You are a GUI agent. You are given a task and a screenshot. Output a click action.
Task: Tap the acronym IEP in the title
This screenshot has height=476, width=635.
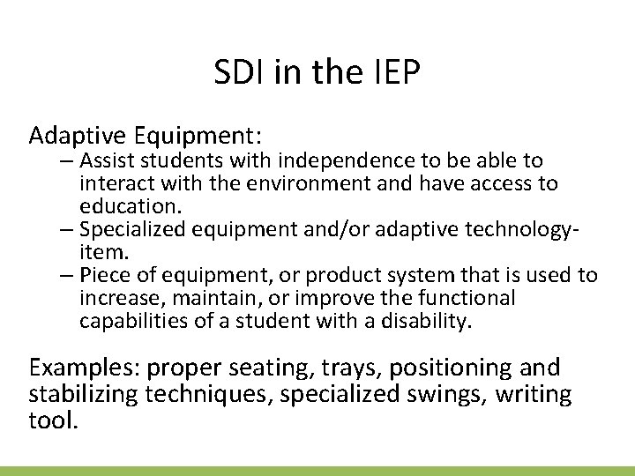tap(394, 74)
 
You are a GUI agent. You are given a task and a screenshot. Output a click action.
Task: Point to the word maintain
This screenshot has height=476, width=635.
tap(195, 298)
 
